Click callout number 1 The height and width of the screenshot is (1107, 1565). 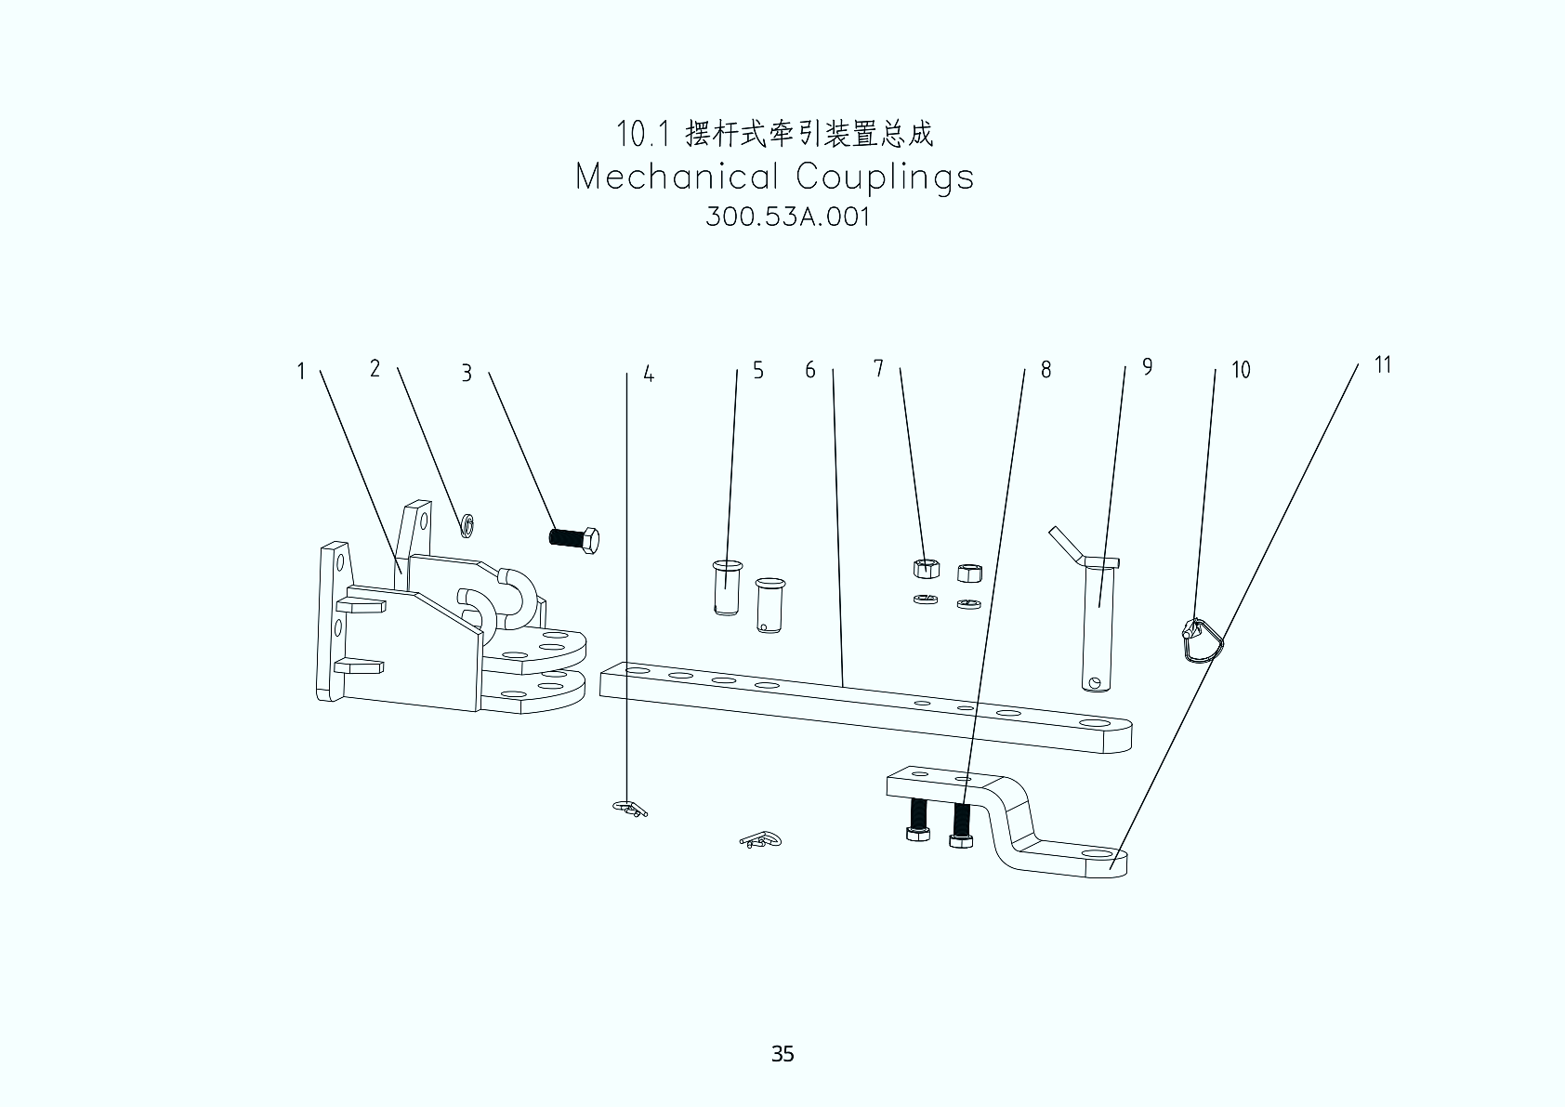click(301, 372)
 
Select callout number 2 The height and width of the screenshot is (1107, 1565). click(375, 369)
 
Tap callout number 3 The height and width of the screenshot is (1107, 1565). click(467, 374)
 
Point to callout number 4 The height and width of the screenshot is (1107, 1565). click(649, 376)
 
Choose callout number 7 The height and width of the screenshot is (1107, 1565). click(878, 369)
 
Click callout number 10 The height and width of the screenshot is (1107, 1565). click(1241, 371)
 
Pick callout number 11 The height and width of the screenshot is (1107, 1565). click(1383, 365)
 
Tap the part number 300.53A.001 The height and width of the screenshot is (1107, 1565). click(787, 217)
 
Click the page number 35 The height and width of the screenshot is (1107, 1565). click(782, 1054)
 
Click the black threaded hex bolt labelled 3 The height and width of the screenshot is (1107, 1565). click(573, 538)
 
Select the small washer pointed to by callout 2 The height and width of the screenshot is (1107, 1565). click(467, 525)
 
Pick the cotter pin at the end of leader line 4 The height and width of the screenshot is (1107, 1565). click(631, 808)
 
